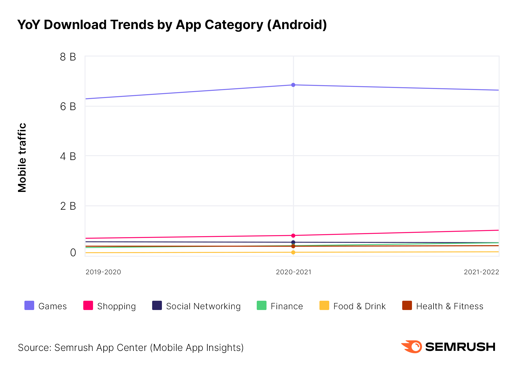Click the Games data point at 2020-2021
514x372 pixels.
(293, 85)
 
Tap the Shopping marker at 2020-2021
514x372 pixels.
(293, 235)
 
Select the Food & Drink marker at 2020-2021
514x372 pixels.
(293, 252)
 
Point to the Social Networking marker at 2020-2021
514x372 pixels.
(293, 242)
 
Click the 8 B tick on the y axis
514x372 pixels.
(68, 57)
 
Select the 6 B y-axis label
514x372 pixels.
(68, 107)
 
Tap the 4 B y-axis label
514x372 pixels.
(68, 156)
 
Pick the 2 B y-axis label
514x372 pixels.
(68, 206)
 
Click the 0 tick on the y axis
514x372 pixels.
(73, 253)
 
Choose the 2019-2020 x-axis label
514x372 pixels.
(103, 272)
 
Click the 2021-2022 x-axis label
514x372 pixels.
(481, 272)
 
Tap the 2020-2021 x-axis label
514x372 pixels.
(293, 272)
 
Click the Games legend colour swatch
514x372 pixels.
(29, 305)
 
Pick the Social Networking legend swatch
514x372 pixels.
(157, 305)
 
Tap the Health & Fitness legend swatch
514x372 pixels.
(407, 305)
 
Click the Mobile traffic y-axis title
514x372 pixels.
(22, 157)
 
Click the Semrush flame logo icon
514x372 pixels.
(412, 347)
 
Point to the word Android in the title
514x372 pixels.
(297, 25)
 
